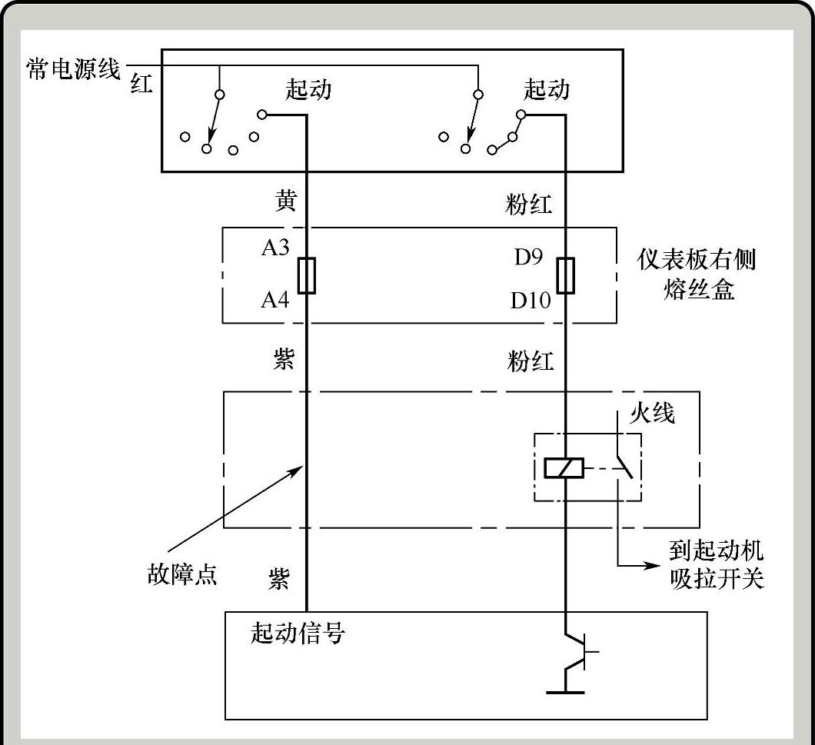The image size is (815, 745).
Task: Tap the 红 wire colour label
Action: (x=142, y=84)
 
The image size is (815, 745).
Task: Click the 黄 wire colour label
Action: (x=284, y=201)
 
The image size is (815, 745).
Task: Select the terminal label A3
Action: (x=274, y=249)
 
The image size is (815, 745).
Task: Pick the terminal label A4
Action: (x=274, y=299)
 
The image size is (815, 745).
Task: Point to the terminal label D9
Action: (x=529, y=257)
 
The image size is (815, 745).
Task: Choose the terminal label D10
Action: (x=531, y=300)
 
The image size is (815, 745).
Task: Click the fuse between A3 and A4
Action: (x=307, y=275)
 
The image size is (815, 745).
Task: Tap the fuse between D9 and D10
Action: (x=566, y=275)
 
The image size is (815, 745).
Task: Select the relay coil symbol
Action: (x=564, y=467)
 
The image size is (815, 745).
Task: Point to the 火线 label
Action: (x=652, y=414)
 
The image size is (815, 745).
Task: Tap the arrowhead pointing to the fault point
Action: (x=299, y=467)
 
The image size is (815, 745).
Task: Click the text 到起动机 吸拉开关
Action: (x=715, y=564)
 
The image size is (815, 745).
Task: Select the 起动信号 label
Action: (x=298, y=633)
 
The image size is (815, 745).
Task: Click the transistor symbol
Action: (x=579, y=653)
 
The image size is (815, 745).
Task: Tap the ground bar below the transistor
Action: (x=565, y=693)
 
